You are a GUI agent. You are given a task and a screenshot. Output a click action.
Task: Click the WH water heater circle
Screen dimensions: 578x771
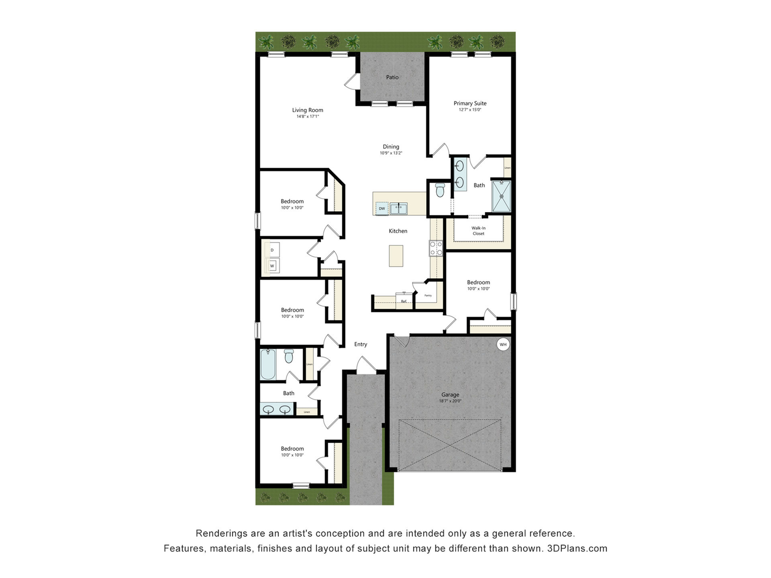[x=503, y=344]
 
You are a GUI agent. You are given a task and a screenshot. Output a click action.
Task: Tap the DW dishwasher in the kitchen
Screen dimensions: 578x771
[x=382, y=208]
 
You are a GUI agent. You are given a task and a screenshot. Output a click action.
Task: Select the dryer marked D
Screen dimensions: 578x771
[x=272, y=250]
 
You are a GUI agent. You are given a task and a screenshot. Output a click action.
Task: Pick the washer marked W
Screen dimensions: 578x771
[x=272, y=266]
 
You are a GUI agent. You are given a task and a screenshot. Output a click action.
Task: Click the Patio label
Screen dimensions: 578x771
[x=392, y=77]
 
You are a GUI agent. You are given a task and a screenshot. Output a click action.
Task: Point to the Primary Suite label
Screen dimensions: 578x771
[x=470, y=103]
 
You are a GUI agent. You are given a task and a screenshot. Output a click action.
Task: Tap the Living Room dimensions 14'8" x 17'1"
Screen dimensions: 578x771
[x=308, y=116]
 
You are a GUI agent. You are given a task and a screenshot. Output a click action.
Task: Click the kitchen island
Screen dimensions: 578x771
[x=396, y=256]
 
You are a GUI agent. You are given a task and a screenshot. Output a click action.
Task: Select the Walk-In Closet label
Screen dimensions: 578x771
[x=478, y=231]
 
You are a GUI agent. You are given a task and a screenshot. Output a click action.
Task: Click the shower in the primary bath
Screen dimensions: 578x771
[x=502, y=196]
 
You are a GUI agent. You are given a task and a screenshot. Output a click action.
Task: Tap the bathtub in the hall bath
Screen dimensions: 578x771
[x=268, y=364]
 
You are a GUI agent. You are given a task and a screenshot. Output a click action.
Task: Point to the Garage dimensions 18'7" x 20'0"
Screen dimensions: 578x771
[x=450, y=401]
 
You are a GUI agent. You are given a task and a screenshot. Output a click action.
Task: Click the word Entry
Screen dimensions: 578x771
[x=361, y=344]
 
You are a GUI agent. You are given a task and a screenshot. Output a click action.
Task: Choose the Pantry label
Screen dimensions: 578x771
[x=428, y=295]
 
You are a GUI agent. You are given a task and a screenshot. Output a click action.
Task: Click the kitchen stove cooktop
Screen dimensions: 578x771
[x=436, y=248]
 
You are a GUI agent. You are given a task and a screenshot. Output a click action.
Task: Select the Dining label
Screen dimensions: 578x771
[x=391, y=147]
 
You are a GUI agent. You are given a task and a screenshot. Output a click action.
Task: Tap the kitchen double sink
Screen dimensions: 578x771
[x=398, y=209]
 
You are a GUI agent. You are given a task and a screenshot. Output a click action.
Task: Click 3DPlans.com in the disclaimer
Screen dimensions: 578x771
[x=577, y=548]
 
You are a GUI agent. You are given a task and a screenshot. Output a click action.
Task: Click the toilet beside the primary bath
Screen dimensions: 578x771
[x=440, y=190]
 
